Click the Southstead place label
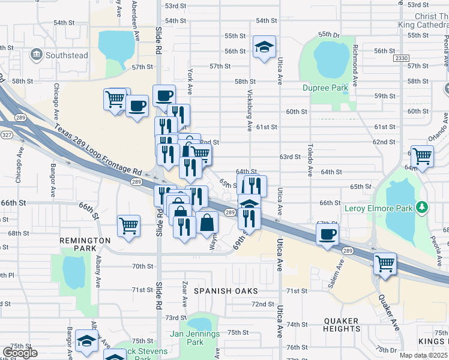[67, 56]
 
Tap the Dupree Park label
[325, 88]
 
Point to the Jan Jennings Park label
[195, 338]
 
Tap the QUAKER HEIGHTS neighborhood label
[342, 325]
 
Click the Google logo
[20, 353]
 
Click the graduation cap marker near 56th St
[263, 48]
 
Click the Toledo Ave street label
[310, 160]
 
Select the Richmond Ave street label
[355, 65]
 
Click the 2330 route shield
[400, 58]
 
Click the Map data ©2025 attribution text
[423, 355]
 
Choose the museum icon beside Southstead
[37, 56]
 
